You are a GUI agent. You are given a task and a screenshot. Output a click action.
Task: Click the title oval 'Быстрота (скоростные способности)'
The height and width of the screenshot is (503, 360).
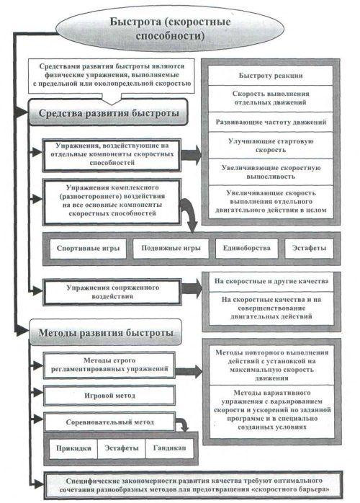[x=170, y=28]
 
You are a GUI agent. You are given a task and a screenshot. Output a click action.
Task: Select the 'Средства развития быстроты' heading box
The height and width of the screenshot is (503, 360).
[x=108, y=112]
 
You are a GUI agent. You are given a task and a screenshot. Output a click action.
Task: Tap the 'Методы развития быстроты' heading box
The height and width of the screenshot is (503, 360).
[x=105, y=332]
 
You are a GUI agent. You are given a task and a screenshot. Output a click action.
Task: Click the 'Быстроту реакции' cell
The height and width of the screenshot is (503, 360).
[x=271, y=76]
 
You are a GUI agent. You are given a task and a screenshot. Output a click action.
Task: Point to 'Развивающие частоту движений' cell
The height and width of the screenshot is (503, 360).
[x=271, y=122]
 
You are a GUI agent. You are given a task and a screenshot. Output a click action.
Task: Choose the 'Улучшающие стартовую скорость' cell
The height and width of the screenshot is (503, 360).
[x=271, y=146]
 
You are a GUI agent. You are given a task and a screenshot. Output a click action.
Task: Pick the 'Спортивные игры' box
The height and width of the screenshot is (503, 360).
[x=88, y=249]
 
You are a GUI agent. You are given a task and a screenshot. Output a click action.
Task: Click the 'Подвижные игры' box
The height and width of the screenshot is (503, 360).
[x=171, y=249]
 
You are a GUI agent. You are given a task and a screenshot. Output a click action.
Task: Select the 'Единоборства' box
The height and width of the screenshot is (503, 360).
[x=246, y=249]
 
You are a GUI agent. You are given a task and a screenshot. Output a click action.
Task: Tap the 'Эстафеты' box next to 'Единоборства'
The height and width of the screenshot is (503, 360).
[x=309, y=249]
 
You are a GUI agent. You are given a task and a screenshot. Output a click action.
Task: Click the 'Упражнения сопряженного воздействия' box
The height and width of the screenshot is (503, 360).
[x=112, y=292]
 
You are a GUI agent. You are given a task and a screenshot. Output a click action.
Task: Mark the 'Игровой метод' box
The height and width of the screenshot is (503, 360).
[x=109, y=396]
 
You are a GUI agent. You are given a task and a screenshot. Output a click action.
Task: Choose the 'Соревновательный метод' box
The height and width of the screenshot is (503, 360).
[x=109, y=422]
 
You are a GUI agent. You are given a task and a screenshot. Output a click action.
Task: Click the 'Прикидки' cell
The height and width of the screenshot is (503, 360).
[x=73, y=448]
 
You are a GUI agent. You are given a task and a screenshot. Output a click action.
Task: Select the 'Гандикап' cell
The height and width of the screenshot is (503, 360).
[x=170, y=448]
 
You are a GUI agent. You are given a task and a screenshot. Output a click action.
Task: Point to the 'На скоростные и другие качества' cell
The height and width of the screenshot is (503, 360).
[x=271, y=282]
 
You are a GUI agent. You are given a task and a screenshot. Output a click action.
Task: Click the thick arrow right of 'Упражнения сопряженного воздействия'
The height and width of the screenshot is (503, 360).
[x=192, y=288]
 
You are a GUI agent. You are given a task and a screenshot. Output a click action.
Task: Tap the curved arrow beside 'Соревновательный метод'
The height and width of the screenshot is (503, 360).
[x=183, y=424]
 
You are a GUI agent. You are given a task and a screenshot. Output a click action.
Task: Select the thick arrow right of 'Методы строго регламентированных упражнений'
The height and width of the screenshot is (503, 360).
[x=189, y=371]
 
